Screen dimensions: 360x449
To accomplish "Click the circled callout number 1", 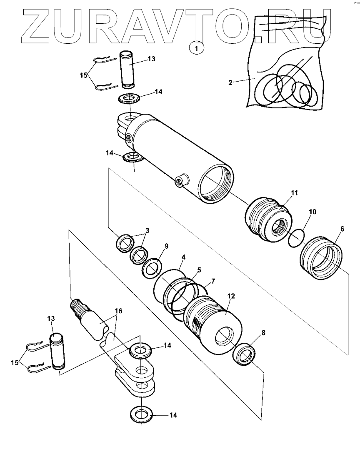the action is pyautogui.click(x=197, y=48).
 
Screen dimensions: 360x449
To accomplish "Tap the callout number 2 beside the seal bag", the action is pyautogui.click(x=230, y=83).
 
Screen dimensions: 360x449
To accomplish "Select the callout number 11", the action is pyautogui.click(x=295, y=193).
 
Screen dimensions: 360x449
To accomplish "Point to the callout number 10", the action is pyautogui.click(x=312, y=212).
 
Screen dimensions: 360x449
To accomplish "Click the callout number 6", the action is pyautogui.click(x=342, y=229).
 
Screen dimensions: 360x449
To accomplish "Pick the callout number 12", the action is pyautogui.click(x=231, y=296).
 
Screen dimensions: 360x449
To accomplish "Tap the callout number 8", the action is pyautogui.click(x=263, y=332).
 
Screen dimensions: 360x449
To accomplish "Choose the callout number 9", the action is pyautogui.click(x=166, y=246).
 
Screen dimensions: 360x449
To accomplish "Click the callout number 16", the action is pyautogui.click(x=118, y=311).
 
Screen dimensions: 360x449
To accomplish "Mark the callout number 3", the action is pyautogui.click(x=147, y=230).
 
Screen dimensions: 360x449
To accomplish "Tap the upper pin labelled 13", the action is pyautogui.click(x=128, y=70).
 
